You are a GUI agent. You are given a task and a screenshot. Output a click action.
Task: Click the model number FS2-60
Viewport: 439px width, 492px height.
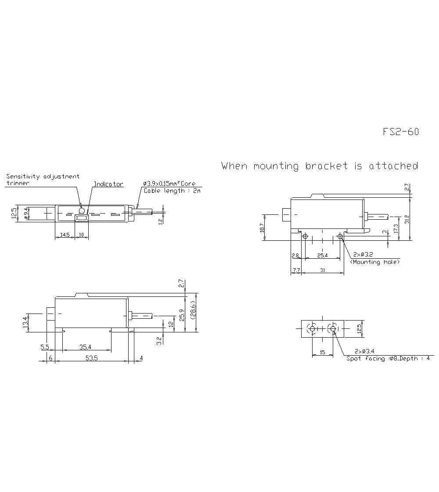pyautogui.click(x=400, y=132)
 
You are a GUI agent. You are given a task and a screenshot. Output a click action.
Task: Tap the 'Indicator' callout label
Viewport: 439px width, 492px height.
pyautogui.click(x=108, y=184)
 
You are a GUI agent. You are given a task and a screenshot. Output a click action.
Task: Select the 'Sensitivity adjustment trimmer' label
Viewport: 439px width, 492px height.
pyautogui.click(x=43, y=179)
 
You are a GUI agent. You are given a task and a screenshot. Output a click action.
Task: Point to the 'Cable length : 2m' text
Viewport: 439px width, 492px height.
pyautogui.click(x=172, y=191)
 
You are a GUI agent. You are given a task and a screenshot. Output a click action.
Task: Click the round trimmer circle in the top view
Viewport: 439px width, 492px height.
pyautogui.click(x=81, y=210)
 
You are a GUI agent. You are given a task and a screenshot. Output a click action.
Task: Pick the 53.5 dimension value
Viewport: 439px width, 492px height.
pyautogui.click(x=91, y=358)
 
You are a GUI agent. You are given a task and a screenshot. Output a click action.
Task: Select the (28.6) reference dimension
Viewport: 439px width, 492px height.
pyautogui.click(x=193, y=312)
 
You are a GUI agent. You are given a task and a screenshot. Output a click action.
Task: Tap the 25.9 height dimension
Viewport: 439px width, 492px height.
pyautogui.click(x=182, y=315)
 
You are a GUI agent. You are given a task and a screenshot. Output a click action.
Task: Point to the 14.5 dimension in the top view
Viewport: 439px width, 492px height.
pyautogui.click(x=65, y=235)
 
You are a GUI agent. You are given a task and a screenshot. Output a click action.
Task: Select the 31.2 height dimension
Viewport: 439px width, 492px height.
pyautogui.click(x=407, y=218)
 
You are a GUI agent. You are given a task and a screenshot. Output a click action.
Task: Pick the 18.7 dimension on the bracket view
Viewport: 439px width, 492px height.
pyautogui.click(x=262, y=228)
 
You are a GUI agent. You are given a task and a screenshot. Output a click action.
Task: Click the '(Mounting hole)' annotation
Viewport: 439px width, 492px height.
pyautogui.click(x=375, y=262)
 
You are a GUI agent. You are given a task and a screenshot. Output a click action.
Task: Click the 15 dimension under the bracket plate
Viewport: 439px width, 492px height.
pyautogui.click(x=322, y=352)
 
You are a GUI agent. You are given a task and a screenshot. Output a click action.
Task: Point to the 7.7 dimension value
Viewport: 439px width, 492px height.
pyautogui.click(x=295, y=271)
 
